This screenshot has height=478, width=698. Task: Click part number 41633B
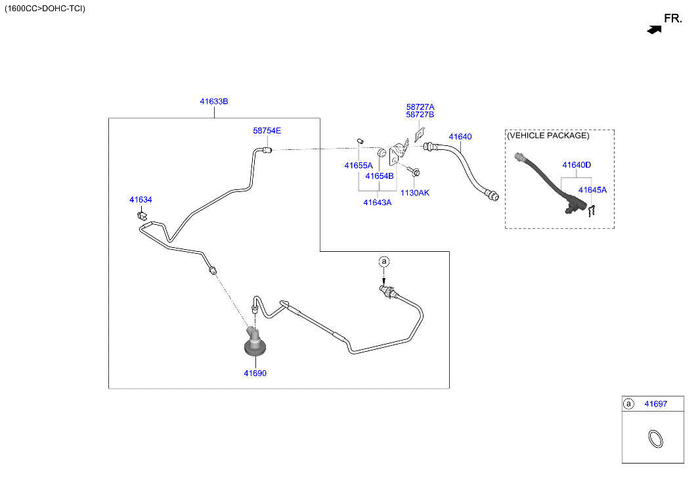(214, 101)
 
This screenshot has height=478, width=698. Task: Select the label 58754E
(267, 131)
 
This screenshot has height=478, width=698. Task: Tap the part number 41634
(141, 200)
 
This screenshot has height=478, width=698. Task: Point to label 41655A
(359, 166)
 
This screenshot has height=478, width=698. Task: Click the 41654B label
(380, 176)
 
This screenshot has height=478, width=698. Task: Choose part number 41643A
(378, 203)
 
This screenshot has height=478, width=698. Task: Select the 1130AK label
(415, 193)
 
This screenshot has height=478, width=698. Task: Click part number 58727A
(420, 107)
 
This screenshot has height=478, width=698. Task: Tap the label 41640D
(577, 165)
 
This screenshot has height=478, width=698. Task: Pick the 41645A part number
(592, 190)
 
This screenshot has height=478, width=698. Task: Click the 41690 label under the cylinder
(255, 373)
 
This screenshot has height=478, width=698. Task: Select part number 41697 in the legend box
(656, 404)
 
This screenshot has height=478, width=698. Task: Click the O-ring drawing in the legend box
(655, 439)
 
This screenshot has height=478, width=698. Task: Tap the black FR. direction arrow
(654, 30)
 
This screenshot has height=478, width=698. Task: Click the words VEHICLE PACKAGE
(548, 135)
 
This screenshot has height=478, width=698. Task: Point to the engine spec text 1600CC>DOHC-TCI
(45, 9)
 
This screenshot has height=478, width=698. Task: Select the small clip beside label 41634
(142, 216)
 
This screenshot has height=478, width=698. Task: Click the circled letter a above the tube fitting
(383, 261)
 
